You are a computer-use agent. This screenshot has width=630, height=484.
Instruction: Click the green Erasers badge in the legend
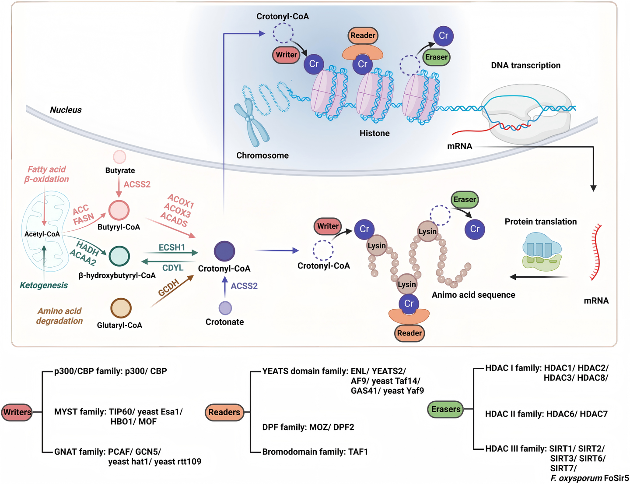coord(445,409)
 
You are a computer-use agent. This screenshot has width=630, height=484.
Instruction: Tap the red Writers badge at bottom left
coord(17,412)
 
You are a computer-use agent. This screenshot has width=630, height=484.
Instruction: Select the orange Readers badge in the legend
coord(224,412)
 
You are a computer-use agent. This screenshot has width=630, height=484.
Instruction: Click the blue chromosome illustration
coord(251,122)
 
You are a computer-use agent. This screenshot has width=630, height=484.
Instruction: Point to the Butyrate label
coord(120,170)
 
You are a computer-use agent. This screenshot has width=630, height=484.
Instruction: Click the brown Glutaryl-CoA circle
coord(121,308)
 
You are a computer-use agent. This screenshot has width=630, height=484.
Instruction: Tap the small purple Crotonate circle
coord(225,308)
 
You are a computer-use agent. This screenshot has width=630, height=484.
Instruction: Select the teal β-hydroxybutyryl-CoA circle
coord(119,256)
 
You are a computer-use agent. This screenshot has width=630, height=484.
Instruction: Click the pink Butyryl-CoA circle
coord(119,210)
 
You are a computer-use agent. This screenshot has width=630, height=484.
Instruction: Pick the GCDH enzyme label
coord(169,287)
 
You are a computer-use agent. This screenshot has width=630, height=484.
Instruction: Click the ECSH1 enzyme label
coord(171,247)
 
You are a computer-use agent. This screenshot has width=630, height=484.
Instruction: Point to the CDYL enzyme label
coord(173,268)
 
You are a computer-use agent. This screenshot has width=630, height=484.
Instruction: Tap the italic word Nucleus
coord(66,110)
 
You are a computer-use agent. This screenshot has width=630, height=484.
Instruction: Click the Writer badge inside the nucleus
coord(286,55)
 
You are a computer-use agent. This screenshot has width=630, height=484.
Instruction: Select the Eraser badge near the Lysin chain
coord(464,199)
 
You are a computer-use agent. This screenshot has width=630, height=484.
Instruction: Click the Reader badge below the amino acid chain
coord(409,333)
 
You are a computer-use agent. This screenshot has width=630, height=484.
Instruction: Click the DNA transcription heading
coord(525,65)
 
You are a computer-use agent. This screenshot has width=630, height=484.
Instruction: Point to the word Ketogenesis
coord(44,285)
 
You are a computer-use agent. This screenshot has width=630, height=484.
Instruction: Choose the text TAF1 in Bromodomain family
coord(358,452)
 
